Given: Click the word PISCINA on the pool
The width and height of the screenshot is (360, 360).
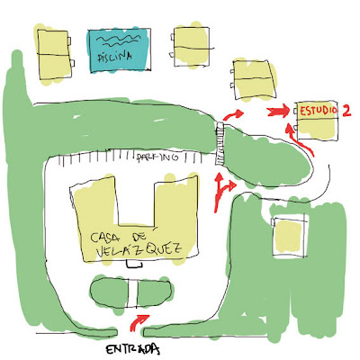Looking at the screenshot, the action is (x=115, y=57).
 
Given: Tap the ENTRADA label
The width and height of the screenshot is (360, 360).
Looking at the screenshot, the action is (x=132, y=349).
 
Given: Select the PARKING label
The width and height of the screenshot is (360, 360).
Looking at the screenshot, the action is (x=157, y=157).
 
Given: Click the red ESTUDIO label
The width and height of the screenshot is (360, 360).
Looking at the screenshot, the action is (x=319, y=111).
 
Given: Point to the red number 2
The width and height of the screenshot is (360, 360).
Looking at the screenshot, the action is (x=346, y=111).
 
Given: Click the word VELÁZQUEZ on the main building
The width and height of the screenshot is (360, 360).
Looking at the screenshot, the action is (x=139, y=250).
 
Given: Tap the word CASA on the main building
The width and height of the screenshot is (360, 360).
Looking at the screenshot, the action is (x=105, y=237).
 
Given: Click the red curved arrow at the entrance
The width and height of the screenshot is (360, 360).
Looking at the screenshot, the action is (x=139, y=321).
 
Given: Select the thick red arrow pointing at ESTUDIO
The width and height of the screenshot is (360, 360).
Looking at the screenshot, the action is (x=278, y=112).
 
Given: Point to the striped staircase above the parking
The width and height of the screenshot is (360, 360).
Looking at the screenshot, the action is (x=220, y=143).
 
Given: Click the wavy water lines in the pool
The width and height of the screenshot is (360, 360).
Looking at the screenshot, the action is (x=119, y=41).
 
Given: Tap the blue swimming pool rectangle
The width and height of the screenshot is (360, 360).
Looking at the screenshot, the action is (x=119, y=50).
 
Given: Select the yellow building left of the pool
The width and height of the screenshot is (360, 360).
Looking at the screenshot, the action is (x=54, y=54).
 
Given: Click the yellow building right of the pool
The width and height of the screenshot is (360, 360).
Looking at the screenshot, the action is (x=191, y=46).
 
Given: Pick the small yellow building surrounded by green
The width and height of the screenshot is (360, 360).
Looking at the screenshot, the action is (x=289, y=236).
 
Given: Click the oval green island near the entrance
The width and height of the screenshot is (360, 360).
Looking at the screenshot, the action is (x=131, y=292).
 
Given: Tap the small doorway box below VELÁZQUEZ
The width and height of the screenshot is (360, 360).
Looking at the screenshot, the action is (x=134, y=264).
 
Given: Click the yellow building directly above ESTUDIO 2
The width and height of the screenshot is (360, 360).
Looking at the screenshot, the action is (x=254, y=79).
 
